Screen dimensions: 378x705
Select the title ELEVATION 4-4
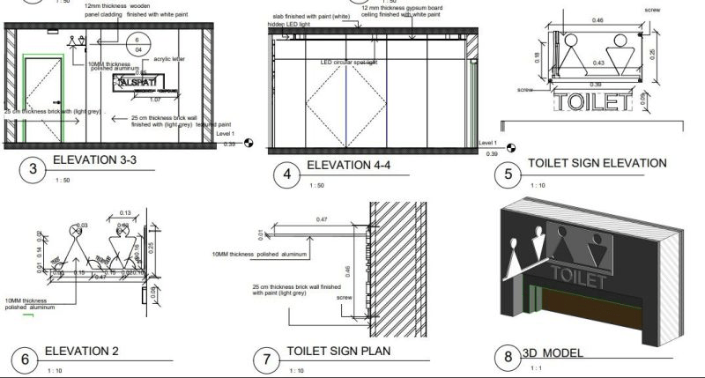[352, 167]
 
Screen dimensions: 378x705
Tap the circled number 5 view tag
[508, 174]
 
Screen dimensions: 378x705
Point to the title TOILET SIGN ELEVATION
[597, 163]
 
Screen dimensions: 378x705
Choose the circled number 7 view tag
[266, 359]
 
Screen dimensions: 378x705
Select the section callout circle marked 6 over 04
[137, 45]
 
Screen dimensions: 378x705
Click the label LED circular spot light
[348, 63]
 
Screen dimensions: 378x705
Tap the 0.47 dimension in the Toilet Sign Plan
[322, 219]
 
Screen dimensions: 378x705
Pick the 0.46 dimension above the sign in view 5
[597, 19]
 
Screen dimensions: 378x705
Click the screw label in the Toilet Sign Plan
[345, 297]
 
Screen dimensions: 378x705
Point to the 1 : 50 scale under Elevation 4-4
[315, 186]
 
